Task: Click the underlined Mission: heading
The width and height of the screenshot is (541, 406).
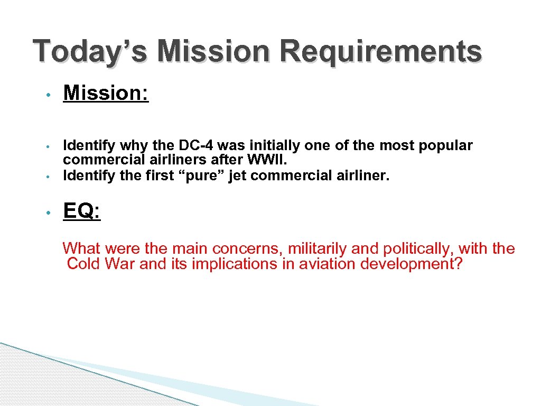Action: point(106,94)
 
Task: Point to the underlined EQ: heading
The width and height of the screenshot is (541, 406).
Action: point(81,211)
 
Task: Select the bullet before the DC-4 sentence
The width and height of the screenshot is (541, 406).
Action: point(48,146)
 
